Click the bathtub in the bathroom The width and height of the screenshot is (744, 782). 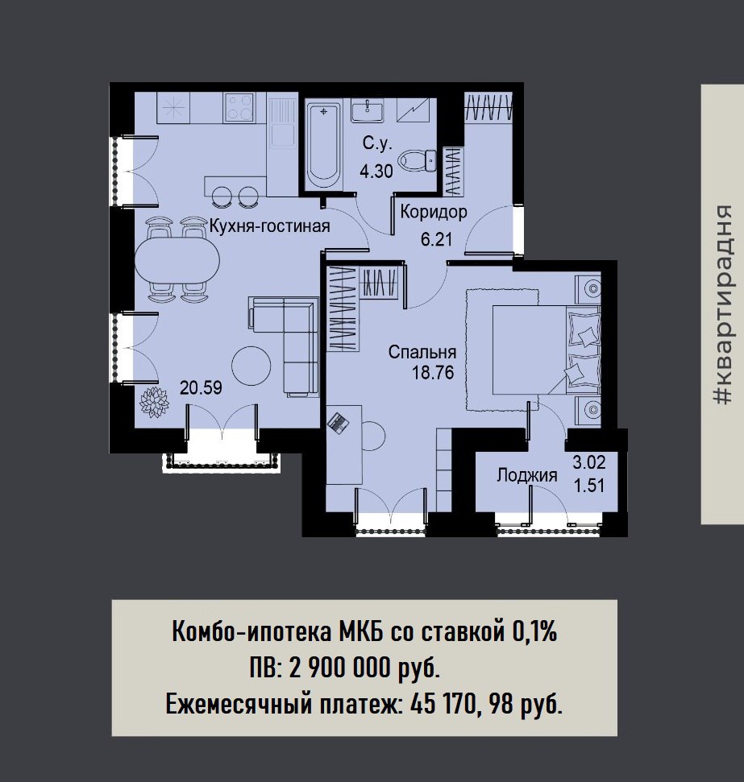(323, 145)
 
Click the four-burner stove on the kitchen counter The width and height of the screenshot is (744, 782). (239, 108)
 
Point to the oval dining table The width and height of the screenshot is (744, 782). (177, 260)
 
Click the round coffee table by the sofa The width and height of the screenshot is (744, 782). (251, 366)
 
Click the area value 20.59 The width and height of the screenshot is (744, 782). (201, 387)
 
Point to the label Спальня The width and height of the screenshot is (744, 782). (422, 352)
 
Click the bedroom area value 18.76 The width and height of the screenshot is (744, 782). (433, 372)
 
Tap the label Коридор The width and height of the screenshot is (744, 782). (434, 212)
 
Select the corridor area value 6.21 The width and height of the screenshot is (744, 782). (436, 239)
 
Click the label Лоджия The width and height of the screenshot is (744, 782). (527, 475)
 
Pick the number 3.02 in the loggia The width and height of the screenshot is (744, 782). (589, 462)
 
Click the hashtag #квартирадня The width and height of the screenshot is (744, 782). (722, 304)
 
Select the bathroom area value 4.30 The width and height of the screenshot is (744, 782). (376, 172)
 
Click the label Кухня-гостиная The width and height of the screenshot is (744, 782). (270, 226)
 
